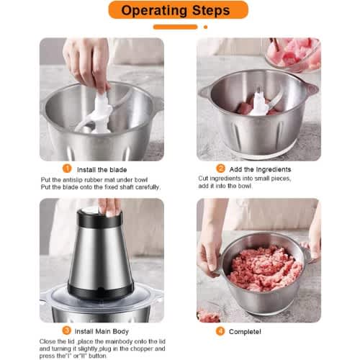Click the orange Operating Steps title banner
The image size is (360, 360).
pos(178,10)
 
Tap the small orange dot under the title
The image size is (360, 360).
pos(205,27)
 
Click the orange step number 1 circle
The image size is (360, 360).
pos(67,168)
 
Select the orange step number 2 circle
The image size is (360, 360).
pos(220,168)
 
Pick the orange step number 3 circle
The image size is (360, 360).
pos(67,330)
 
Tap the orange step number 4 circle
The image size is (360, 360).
pos(220,331)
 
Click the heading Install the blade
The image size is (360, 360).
pos(102,170)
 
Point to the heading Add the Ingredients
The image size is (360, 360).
pos(260,169)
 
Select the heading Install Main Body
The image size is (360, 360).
pos(102,331)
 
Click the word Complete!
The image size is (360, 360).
pos(245,332)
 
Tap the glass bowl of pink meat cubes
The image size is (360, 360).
pos(293,54)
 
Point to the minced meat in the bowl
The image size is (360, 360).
pos(265,268)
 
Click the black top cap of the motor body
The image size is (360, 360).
pos(99,219)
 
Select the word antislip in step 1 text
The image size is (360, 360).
pos(73,180)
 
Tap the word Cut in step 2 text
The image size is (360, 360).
pos(203,179)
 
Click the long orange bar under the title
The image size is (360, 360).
pos(175,27)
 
